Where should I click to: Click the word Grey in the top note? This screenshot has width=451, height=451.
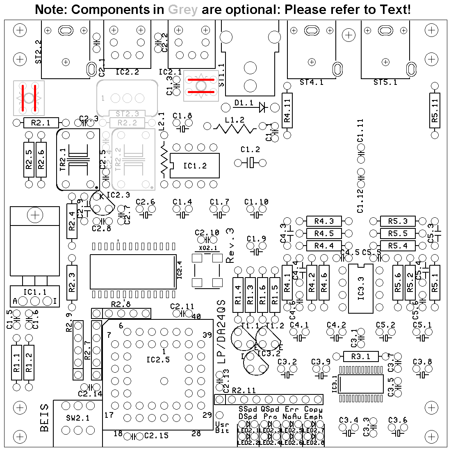point(182,10)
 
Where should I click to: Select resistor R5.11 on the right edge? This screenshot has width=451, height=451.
point(435,110)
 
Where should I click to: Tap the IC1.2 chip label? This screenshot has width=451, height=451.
point(195,166)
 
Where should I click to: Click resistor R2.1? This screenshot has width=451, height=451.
point(41,123)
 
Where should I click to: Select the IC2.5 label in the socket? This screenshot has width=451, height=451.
point(158,360)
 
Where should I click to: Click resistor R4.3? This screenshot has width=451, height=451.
point(324,221)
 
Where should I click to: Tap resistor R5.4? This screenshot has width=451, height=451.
point(398,246)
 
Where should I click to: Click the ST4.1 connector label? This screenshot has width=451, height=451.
point(311,82)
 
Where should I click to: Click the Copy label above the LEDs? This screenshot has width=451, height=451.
point(313,409)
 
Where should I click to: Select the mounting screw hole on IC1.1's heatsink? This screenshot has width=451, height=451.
point(36,214)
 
